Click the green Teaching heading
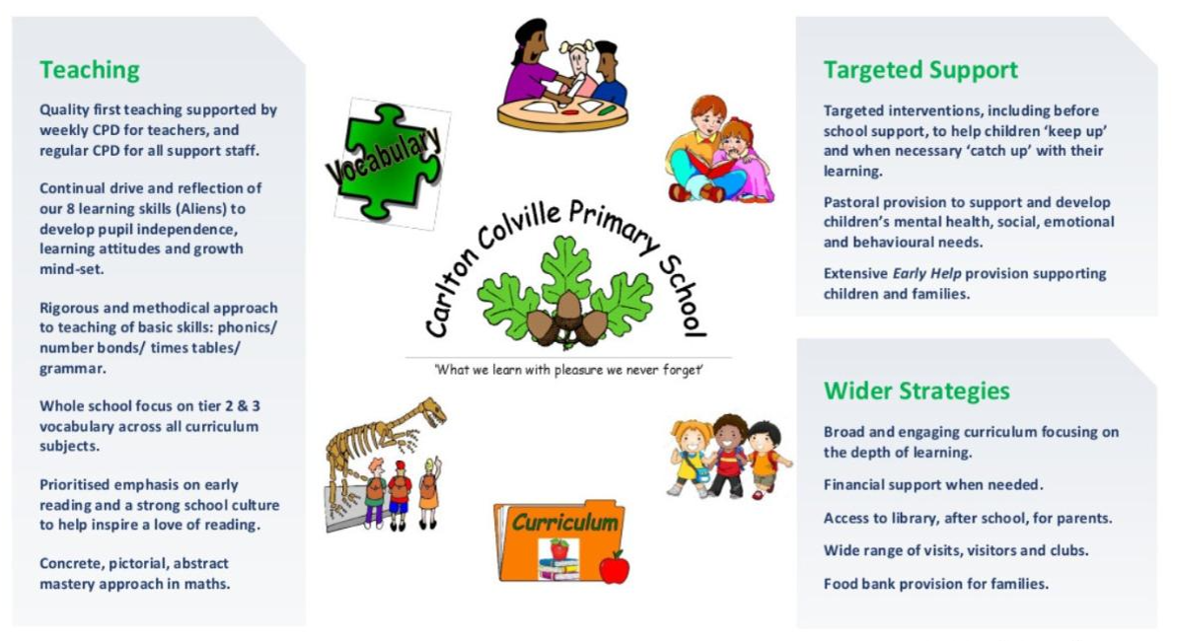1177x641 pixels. point(90,70)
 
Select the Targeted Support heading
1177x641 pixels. point(920,70)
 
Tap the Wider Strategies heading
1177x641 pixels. point(917,391)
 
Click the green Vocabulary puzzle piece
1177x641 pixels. point(387,162)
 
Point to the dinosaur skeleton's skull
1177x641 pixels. point(434,410)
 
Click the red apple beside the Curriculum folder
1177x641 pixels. point(614,567)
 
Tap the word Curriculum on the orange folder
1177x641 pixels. point(564,522)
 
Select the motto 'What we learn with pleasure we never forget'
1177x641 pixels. point(568,369)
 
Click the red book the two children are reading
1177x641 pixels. point(710,163)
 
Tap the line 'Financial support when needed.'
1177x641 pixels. point(933,485)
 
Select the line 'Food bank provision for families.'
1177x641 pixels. point(936,584)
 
